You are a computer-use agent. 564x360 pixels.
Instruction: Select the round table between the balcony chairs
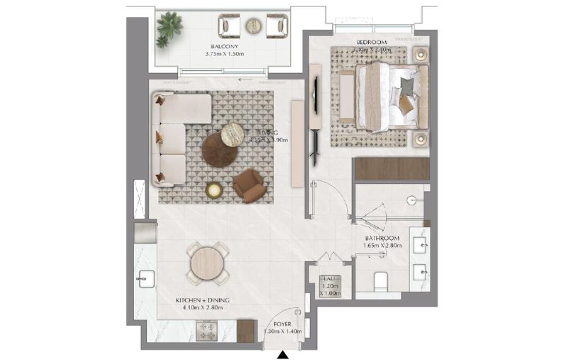pos(253,26)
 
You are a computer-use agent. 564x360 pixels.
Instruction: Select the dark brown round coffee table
pos(219,150)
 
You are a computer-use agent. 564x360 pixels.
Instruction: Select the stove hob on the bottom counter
pos(211,331)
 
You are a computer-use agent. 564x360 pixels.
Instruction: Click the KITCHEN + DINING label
pos(199,300)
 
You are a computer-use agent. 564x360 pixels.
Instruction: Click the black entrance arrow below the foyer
pos(283,353)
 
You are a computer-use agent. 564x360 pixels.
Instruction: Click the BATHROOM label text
pos(382,238)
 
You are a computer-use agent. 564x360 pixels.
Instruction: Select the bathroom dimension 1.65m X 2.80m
pos(382,246)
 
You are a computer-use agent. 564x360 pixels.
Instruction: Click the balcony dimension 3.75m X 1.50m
pos(223,54)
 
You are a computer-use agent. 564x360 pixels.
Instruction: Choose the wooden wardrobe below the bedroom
pos(392,169)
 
